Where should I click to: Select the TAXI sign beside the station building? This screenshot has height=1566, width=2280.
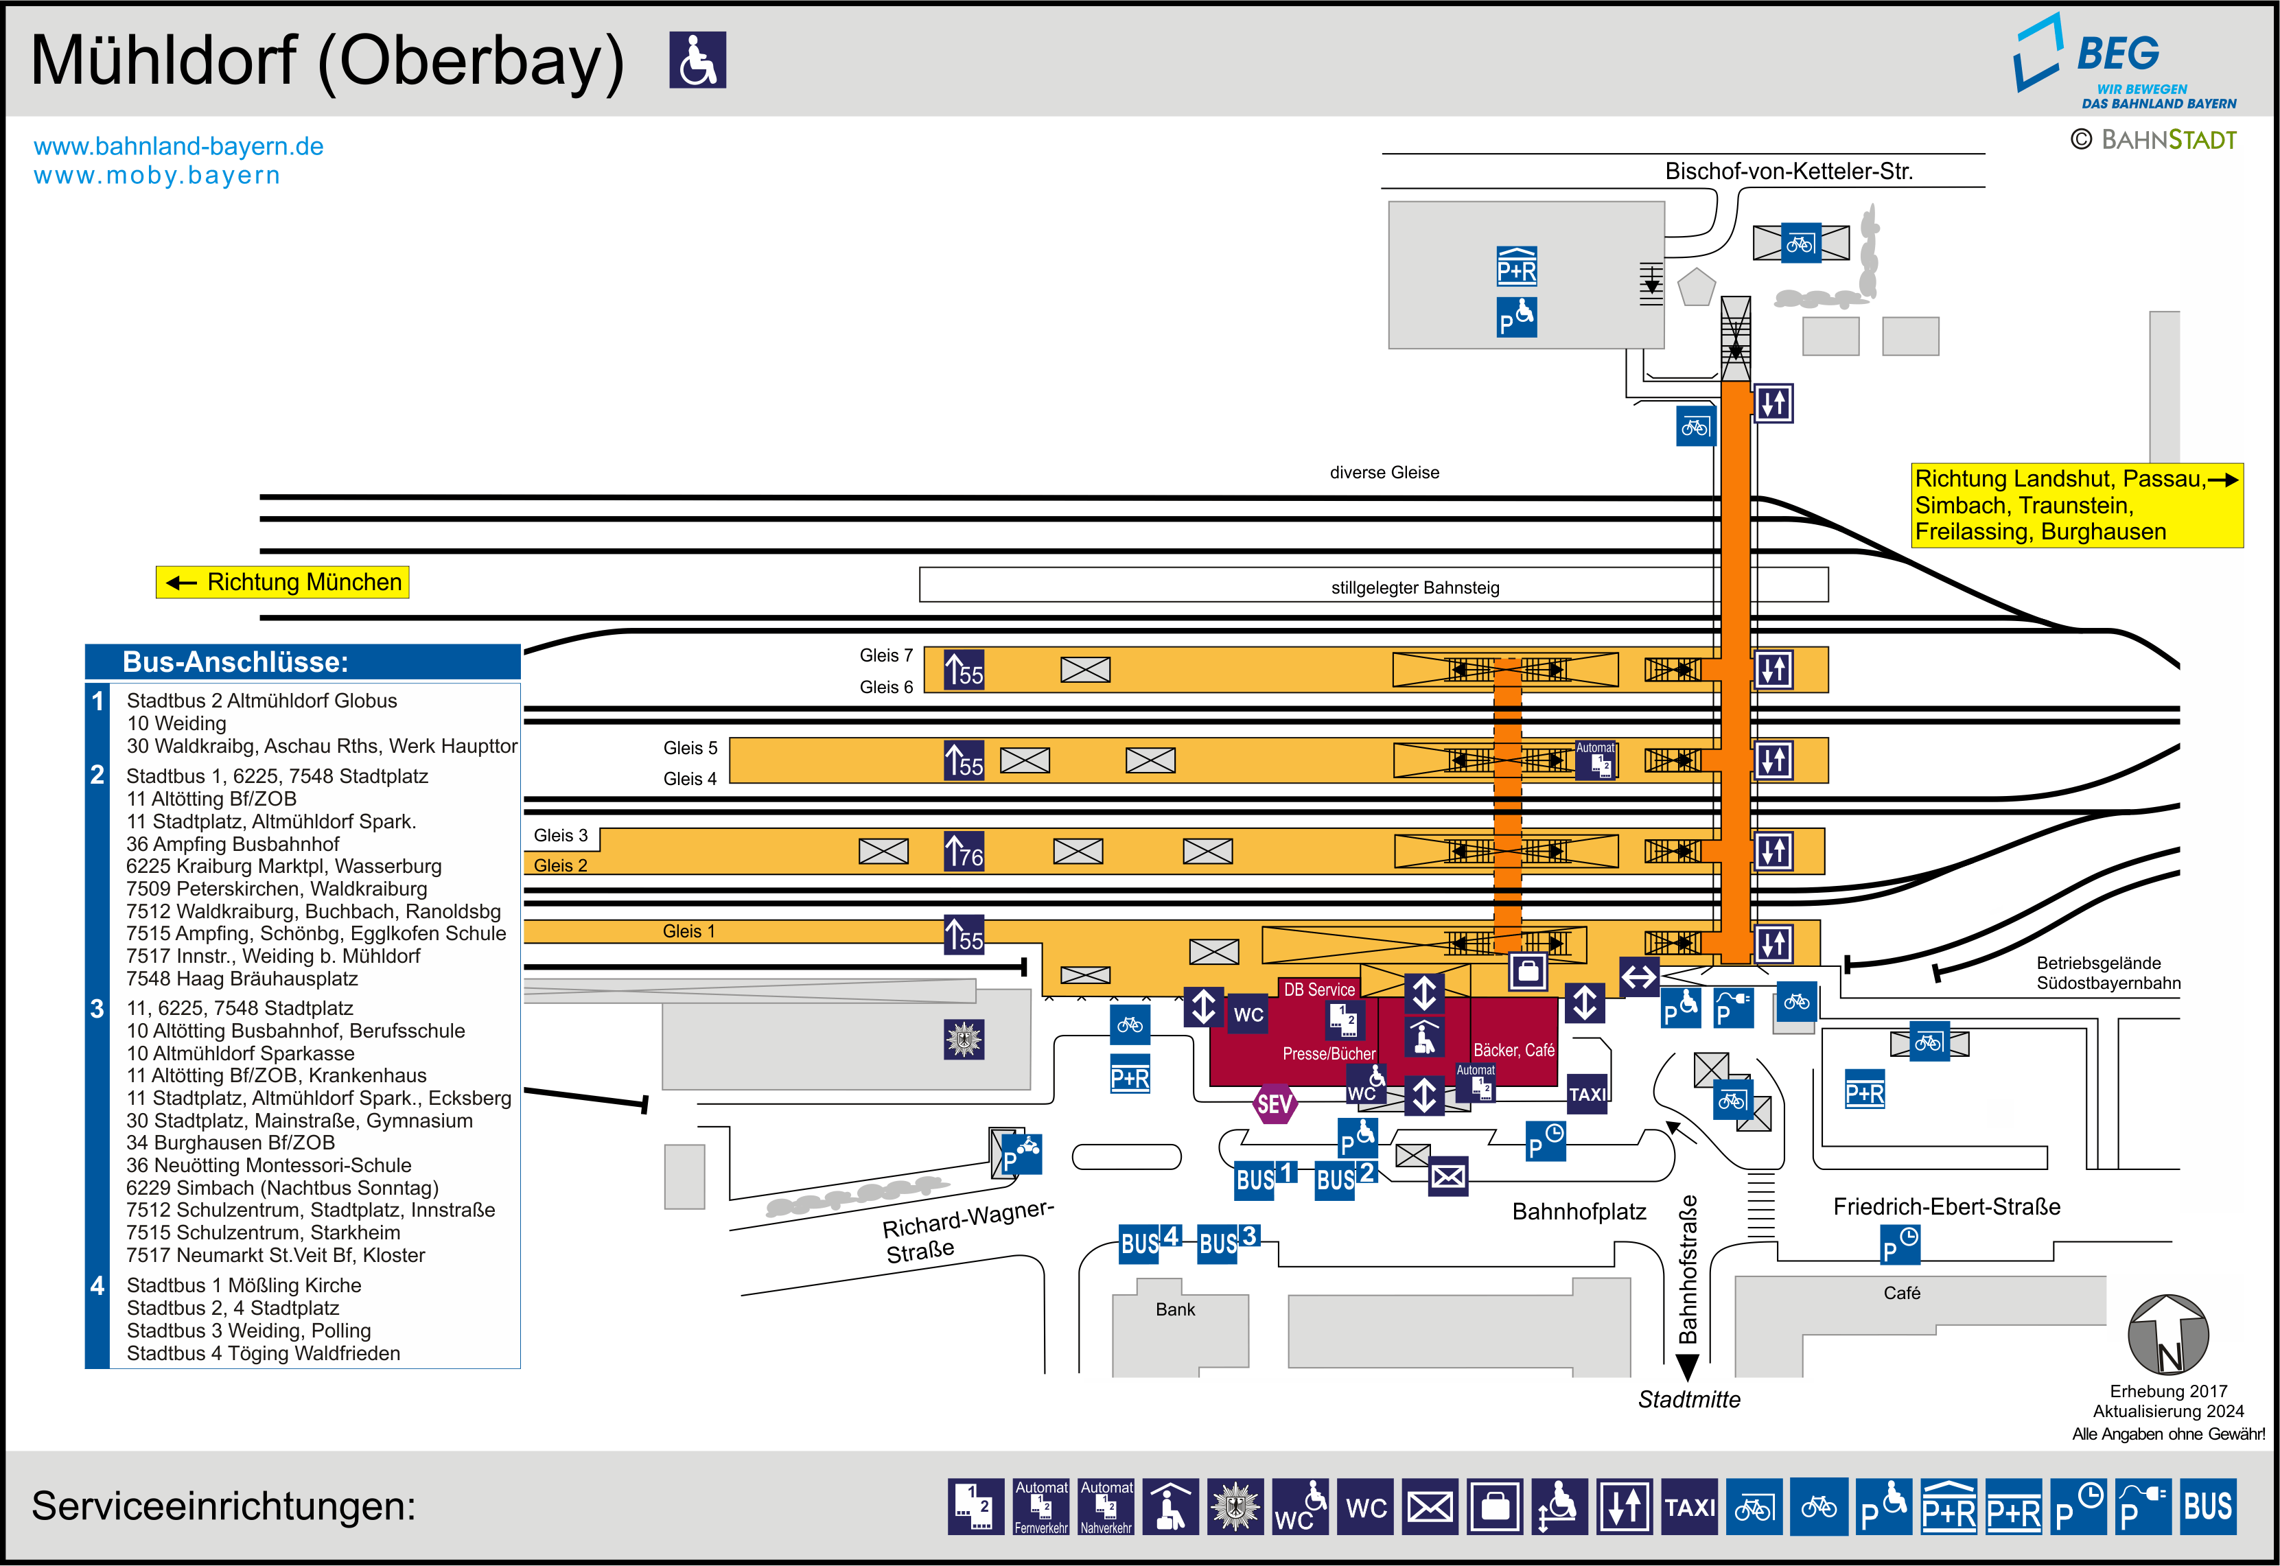tap(1586, 1094)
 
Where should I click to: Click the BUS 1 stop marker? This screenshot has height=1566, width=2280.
tap(1266, 1178)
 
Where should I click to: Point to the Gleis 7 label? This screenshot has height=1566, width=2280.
tap(885, 655)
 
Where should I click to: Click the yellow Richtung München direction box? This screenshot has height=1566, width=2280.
tap(283, 582)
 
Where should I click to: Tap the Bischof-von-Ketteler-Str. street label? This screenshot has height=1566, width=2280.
tap(1789, 172)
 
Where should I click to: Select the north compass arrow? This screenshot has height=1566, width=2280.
tap(2167, 1335)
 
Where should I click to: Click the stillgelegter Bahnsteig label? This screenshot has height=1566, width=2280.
tap(1415, 587)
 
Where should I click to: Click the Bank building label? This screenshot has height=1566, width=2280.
tap(1175, 1309)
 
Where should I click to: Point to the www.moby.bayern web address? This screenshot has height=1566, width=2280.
tap(157, 176)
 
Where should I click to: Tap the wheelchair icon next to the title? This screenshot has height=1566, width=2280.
tap(697, 60)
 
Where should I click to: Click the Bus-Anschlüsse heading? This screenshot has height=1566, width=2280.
tap(235, 662)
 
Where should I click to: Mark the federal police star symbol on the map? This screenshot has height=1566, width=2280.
tap(964, 1039)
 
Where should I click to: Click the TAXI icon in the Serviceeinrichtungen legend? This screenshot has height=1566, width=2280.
tap(1689, 1507)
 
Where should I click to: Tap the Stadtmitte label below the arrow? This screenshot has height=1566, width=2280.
tap(1689, 1400)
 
